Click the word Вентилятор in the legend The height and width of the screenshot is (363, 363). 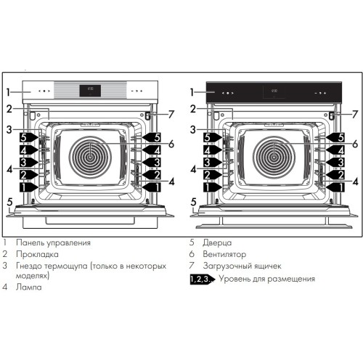click(224, 255)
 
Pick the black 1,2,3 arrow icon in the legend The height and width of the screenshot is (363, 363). click(203, 279)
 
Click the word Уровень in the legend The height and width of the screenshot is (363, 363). click(237, 279)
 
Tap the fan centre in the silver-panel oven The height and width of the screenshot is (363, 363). click(91, 155)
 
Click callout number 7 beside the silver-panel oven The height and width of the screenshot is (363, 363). click(171, 114)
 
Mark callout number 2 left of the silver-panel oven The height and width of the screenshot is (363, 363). click(9, 109)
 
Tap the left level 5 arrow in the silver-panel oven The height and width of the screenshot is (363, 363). click(24, 136)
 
